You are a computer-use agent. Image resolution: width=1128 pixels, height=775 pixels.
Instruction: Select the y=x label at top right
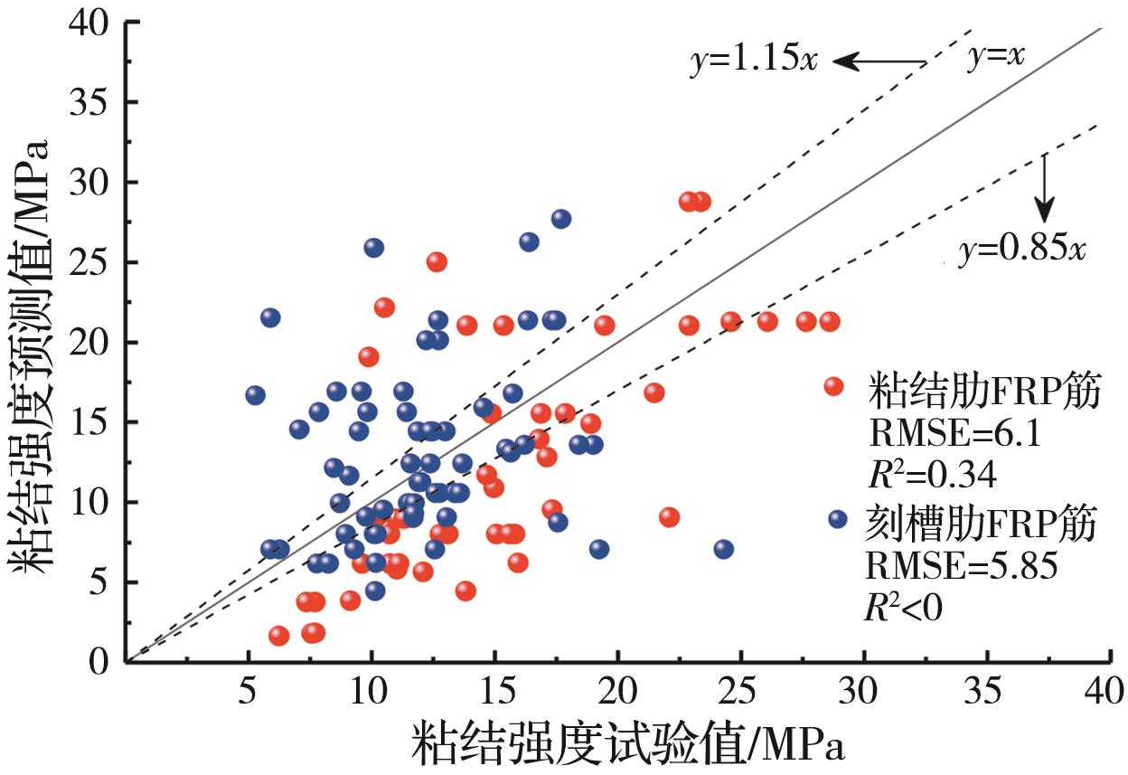click(x=996, y=58)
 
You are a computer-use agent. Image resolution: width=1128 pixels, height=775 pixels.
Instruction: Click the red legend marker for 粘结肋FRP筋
click(x=833, y=387)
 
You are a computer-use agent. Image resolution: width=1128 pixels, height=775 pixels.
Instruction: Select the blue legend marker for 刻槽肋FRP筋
click(x=837, y=519)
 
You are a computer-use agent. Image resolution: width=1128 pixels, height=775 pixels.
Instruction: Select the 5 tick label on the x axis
click(x=249, y=694)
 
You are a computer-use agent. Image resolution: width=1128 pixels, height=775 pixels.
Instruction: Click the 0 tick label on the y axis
click(x=98, y=661)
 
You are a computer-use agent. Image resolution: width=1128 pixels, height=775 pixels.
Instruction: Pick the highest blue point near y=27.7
click(x=561, y=219)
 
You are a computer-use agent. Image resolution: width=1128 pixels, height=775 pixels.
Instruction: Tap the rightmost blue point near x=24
click(x=723, y=549)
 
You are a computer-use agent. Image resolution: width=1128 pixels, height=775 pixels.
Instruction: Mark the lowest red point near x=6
click(x=278, y=636)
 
